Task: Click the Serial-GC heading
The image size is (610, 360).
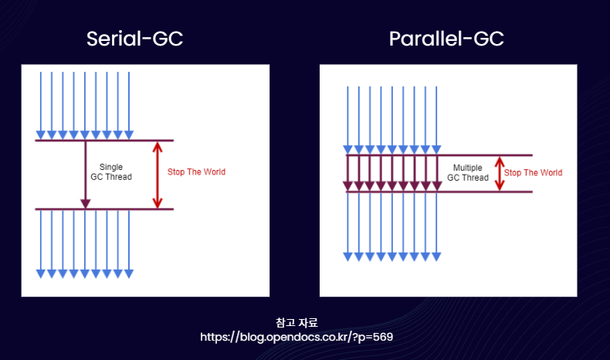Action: pos(134,39)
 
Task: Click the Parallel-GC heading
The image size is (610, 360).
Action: pos(446,39)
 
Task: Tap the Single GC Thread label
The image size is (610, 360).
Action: pos(111,172)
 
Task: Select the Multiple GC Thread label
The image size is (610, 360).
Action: pos(468,172)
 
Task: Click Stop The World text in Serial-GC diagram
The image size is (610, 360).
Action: pos(196,172)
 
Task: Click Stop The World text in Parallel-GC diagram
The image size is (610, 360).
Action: pos(533,172)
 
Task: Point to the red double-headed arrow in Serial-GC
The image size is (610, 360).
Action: pos(158,175)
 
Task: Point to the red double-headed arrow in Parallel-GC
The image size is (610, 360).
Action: pos(500,174)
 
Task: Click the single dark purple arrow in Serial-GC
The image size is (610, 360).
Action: pos(85,175)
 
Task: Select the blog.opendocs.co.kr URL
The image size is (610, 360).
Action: pos(297,337)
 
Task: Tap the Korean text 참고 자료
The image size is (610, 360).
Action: pos(297,322)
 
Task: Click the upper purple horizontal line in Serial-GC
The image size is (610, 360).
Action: pos(104,140)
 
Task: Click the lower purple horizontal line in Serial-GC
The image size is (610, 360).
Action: pos(104,209)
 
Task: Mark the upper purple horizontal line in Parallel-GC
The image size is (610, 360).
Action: pos(439,155)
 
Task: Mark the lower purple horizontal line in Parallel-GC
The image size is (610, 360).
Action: pos(439,192)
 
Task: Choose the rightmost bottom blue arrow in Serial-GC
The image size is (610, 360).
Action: pos(129,244)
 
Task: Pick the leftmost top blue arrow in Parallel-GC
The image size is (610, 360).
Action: pos(347,120)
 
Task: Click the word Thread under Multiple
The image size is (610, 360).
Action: pos(476,178)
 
